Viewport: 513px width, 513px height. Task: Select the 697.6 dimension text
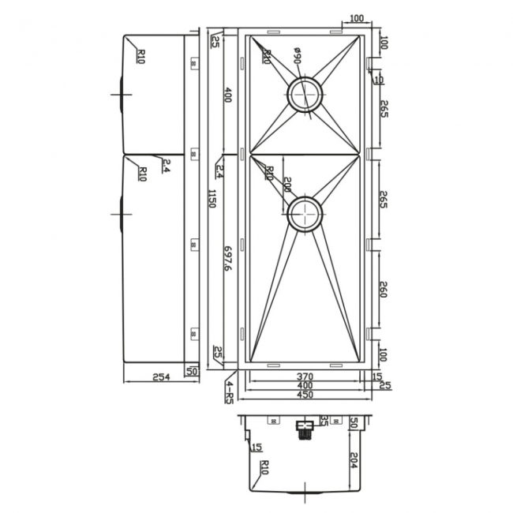[x=227, y=258]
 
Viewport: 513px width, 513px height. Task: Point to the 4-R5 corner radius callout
[x=229, y=391]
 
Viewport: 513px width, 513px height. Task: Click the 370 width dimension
[x=305, y=376]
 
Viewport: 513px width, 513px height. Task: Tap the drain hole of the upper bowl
[x=305, y=94]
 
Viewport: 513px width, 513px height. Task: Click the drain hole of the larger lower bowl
[x=305, y=213]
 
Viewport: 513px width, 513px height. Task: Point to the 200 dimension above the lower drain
[x=287, y=186]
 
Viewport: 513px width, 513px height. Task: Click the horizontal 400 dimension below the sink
[x=305, y=385]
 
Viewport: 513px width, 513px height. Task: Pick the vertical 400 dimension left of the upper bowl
[x=227, y=96]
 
